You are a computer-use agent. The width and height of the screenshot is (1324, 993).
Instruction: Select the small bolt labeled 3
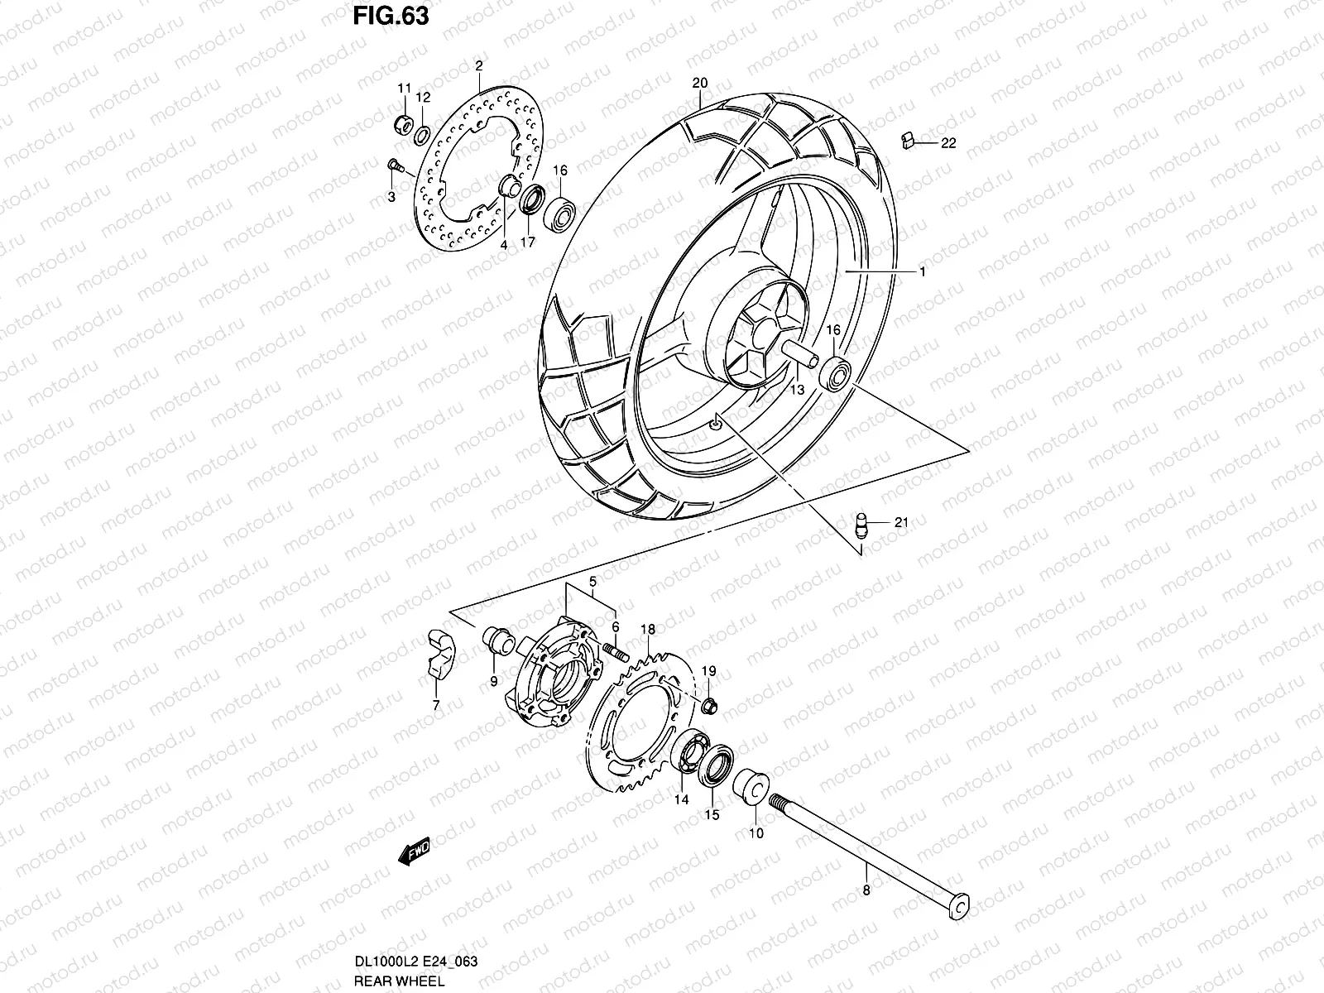(395, 167)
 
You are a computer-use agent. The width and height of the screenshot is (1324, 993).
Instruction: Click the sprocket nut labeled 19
(709, 706)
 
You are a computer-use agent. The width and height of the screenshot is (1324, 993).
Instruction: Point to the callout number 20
(700, 83)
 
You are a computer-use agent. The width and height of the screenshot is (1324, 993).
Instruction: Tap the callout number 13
(796, 389)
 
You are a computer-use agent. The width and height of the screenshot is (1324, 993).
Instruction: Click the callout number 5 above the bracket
(592, 582)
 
